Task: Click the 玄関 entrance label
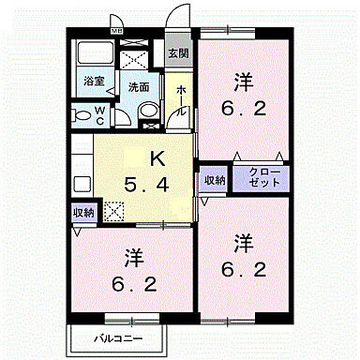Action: pos(178,53)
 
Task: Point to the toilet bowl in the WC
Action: pos(83,117)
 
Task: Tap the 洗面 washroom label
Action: pos(139,85)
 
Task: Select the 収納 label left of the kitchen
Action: pos(83,212)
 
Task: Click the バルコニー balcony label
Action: pos(116,336)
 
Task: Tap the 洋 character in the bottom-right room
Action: pos(244,243)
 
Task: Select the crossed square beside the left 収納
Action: pos(114,213)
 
